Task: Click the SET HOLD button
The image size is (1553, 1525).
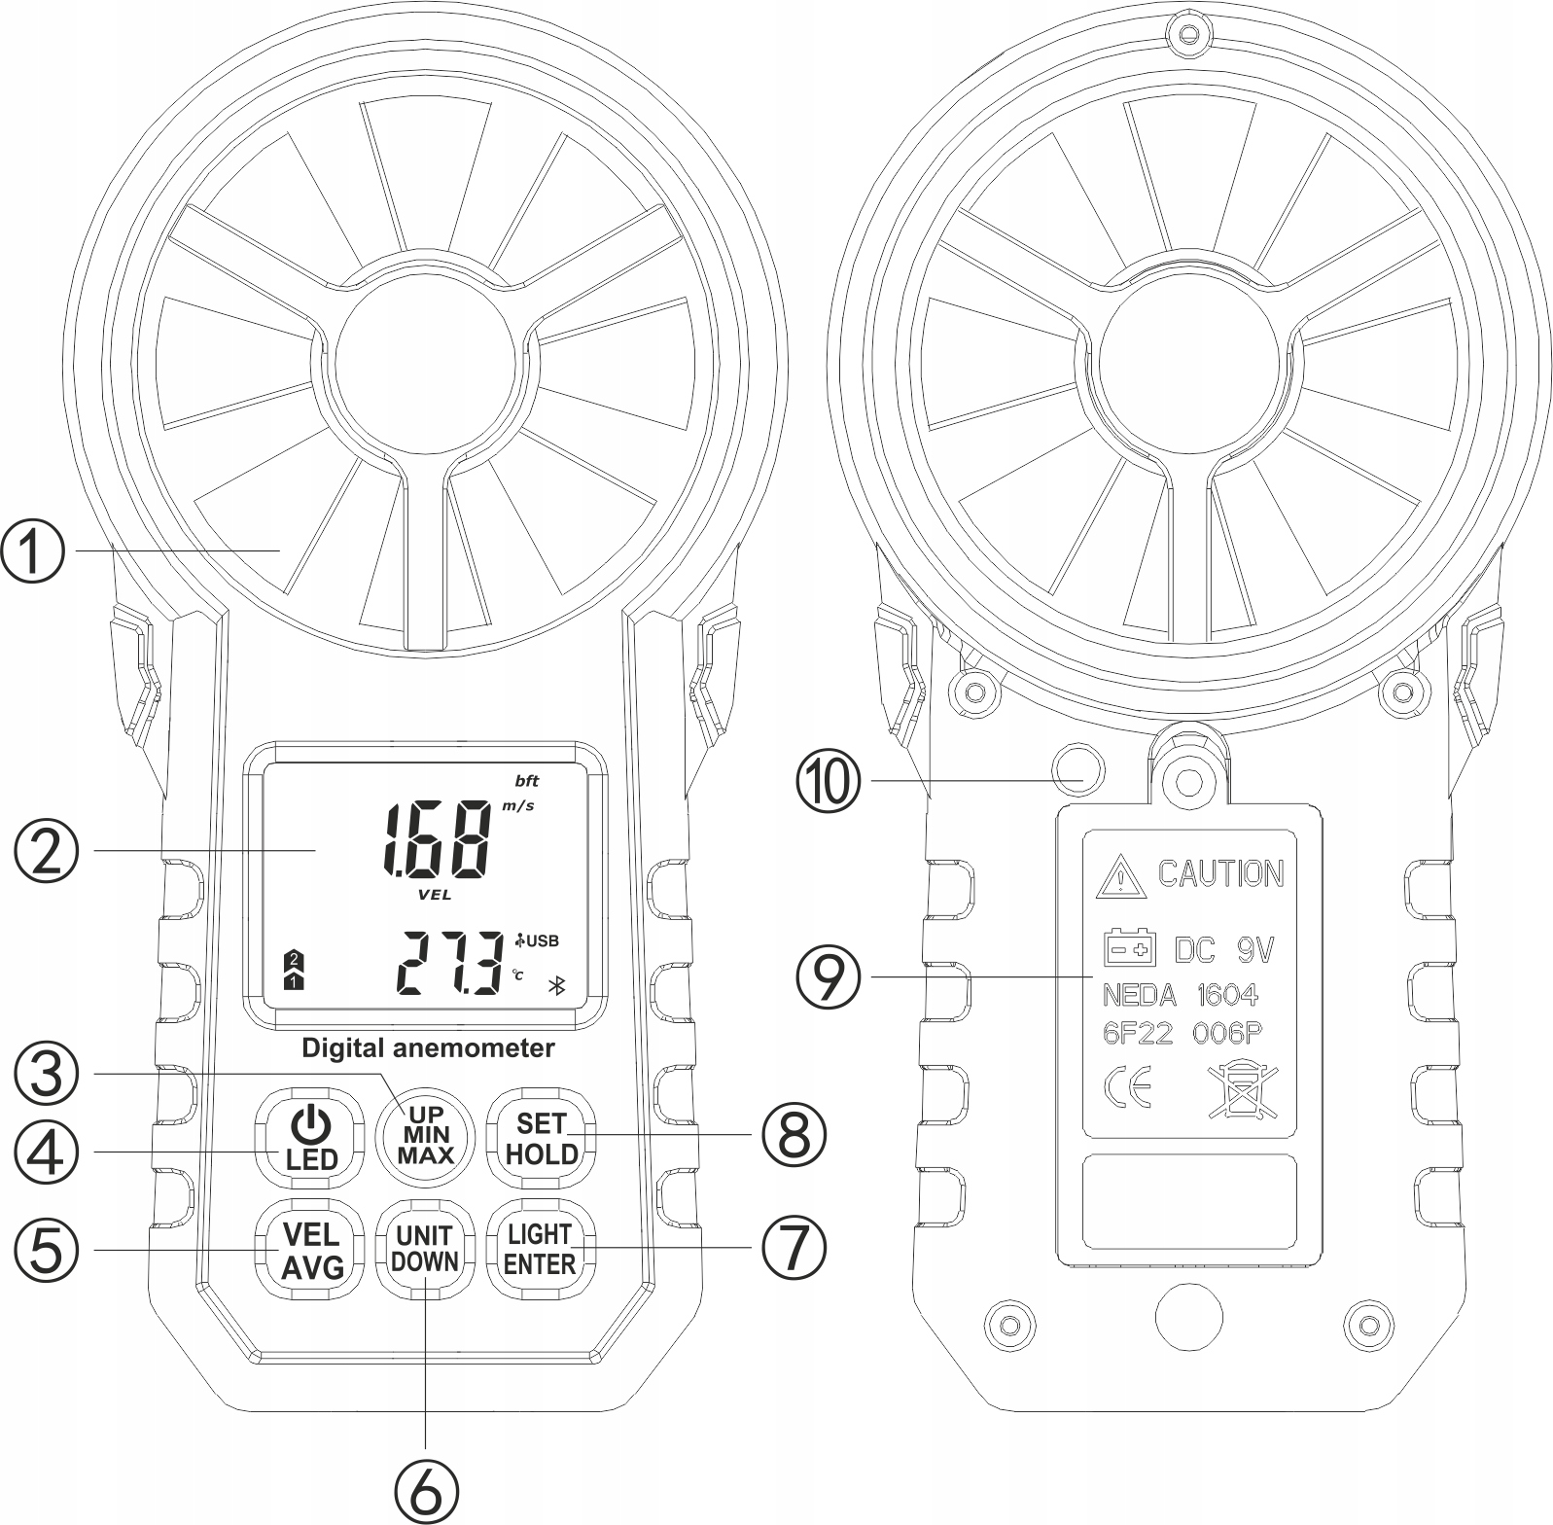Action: [x=541, y=1137]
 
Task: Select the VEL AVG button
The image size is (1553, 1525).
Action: [x=311, y=1251]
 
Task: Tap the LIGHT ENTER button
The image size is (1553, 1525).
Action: [x=540, y=1249]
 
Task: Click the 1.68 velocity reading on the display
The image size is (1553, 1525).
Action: [x=437, y=839]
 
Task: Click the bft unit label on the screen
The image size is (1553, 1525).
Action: [x=526, y=780]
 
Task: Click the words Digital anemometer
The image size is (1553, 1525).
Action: [x=428, y=1048]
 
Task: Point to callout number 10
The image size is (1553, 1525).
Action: [x=829, y=780]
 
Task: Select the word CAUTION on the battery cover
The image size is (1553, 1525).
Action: [x=1219, y=873]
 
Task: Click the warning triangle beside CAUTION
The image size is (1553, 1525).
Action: [x=1120, y=878]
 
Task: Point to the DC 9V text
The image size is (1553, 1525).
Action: [x=1223, y=949]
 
